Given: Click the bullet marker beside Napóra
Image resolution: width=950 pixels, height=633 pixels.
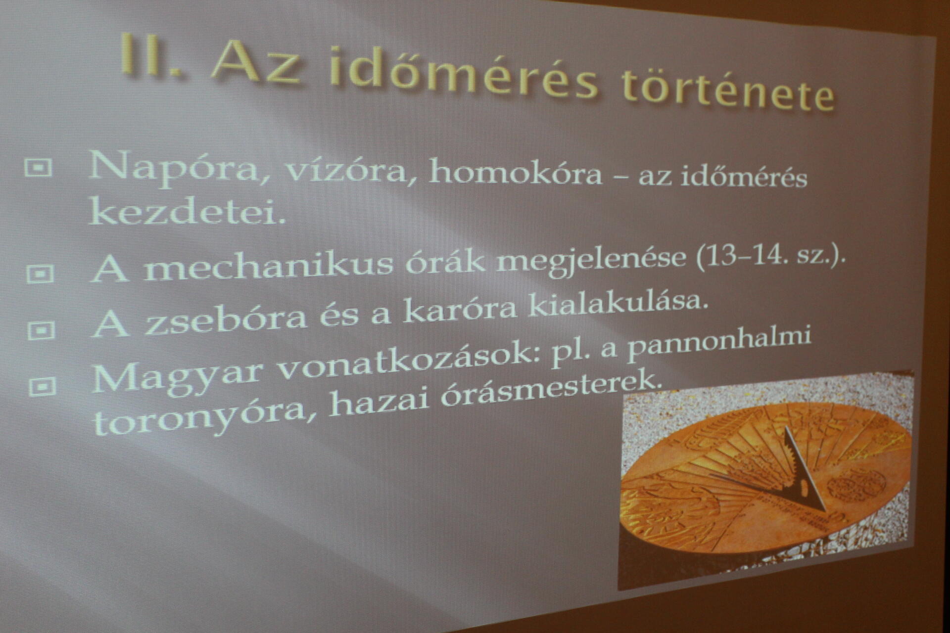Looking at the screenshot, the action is [x=38, y=169].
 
